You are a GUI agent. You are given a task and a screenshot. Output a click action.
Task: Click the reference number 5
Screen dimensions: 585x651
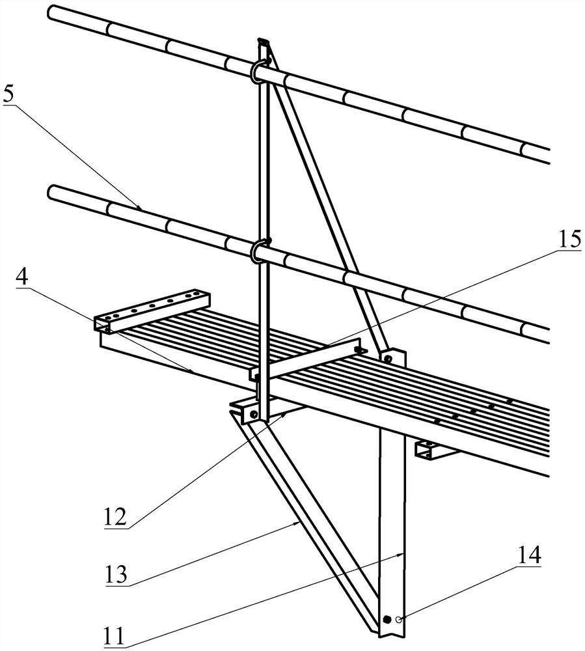point(8,95)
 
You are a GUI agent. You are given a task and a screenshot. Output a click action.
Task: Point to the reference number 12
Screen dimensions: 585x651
point(115,517)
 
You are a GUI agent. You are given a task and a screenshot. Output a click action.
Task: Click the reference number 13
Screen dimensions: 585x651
point(116,575)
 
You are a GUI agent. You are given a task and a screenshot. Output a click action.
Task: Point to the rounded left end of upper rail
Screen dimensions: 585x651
point(51,11)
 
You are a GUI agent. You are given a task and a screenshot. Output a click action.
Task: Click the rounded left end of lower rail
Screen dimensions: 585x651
point(51,191)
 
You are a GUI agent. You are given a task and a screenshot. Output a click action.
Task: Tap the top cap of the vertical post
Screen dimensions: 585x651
point(263,41)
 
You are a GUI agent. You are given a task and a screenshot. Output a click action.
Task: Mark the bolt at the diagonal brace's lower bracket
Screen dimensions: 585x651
point(388,358)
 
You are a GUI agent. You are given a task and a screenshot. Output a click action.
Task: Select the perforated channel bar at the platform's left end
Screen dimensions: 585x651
point(152,310)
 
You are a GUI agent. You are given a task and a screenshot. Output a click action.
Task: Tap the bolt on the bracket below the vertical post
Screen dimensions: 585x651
point(254,414)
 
